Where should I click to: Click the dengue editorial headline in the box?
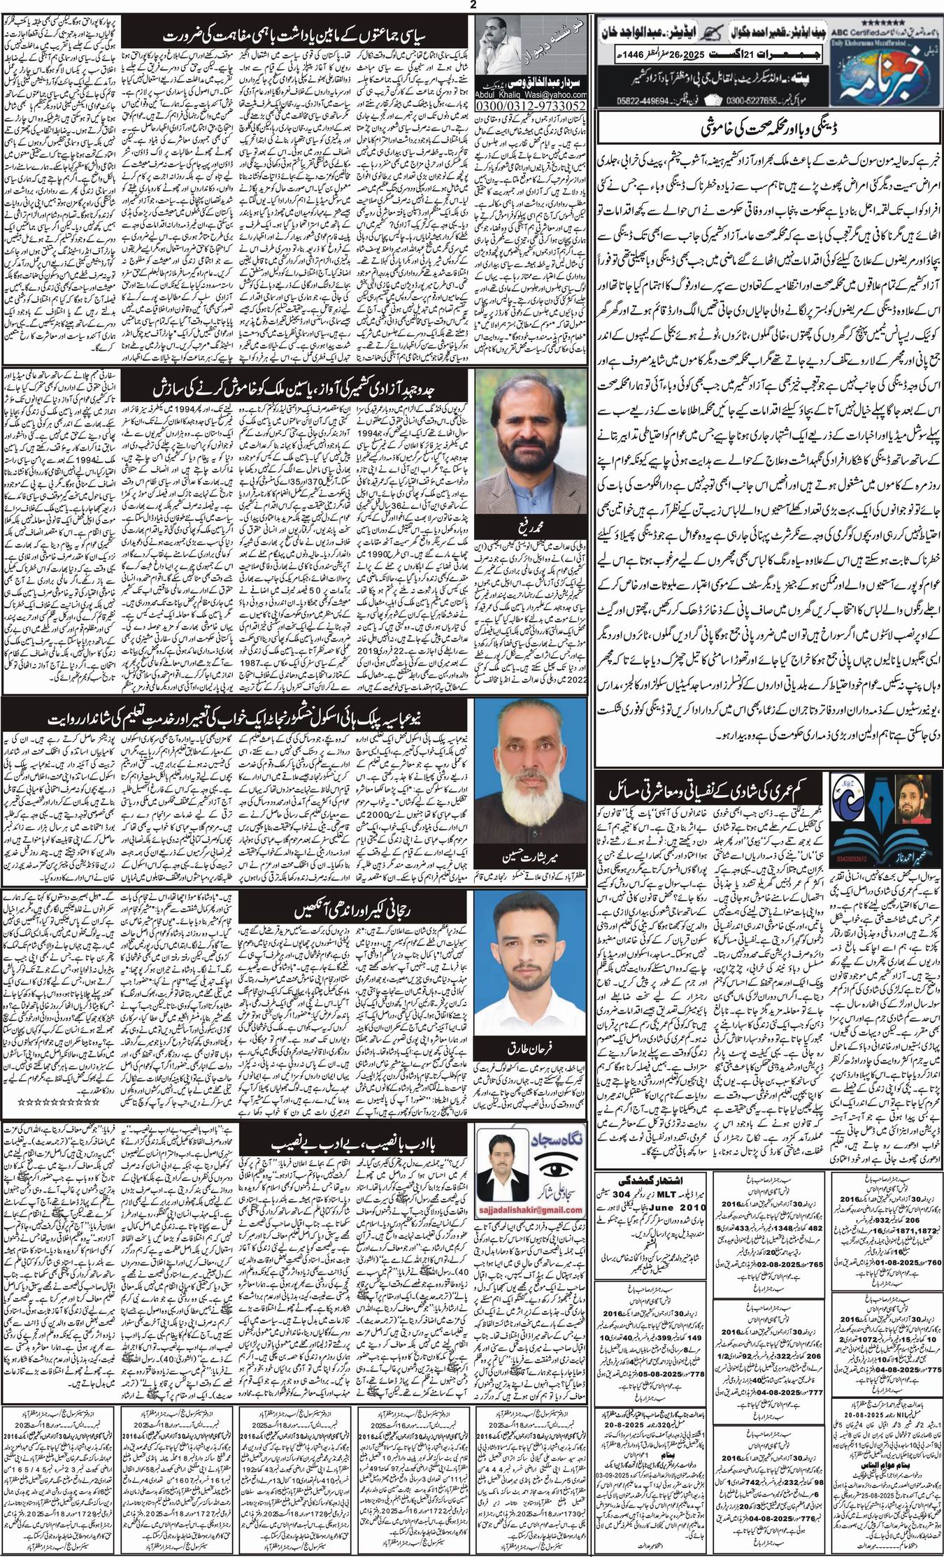coord(766,131)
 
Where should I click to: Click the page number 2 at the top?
coord(471,6)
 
